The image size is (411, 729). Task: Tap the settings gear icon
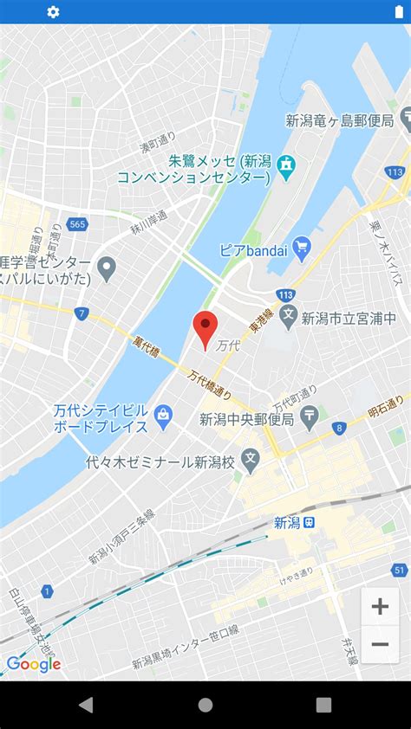53,12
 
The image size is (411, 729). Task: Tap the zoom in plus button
380,607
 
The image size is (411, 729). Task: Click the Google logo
33,664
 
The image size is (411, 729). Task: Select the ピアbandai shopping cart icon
302,249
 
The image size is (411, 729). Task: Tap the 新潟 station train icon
310,522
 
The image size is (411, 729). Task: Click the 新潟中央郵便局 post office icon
310,418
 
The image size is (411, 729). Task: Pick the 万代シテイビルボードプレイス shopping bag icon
162,416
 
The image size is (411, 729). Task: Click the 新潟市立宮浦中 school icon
288,317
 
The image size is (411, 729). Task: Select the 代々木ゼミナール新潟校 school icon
250,460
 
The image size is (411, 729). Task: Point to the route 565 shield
77,224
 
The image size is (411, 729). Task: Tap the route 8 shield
339,427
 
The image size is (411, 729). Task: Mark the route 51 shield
399,570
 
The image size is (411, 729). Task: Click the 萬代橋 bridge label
147,347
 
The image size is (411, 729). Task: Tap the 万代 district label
227,345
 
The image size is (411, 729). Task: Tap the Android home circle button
205,705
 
